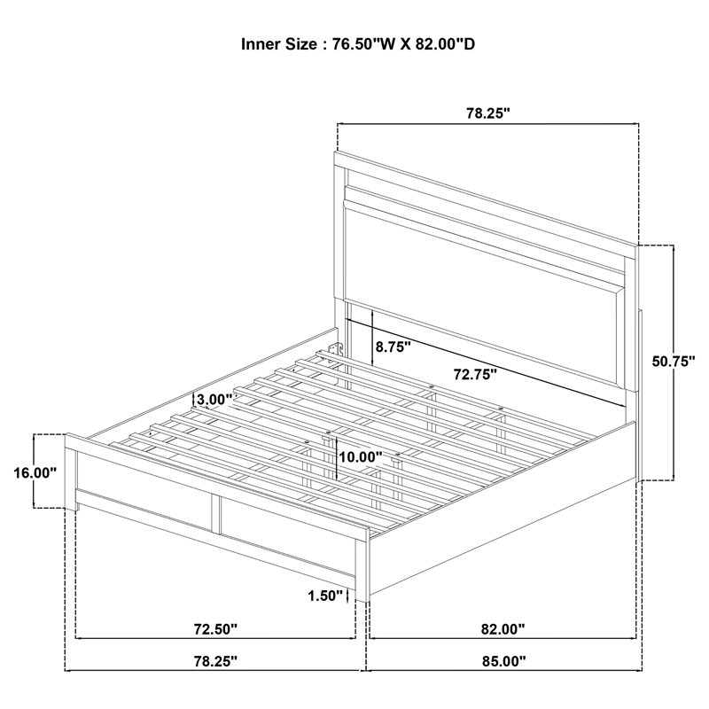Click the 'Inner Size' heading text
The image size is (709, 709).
click(279, 44)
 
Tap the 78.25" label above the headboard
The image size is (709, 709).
click(488, 113)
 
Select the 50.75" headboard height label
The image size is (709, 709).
click(674, 362)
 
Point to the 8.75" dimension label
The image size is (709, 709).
click(393, 347)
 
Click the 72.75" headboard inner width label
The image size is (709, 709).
click(475, 374)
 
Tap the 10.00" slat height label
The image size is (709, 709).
click(361, 456)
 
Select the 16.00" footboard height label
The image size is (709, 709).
click(35, 473)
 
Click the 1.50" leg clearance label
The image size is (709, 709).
click(325, 596)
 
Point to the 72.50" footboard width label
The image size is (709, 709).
click(215, 629)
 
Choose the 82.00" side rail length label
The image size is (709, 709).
click(503, 629)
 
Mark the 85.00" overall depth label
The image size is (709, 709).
click(504, 661)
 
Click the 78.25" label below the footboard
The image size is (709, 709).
click(215, 661)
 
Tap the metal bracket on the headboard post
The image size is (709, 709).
click(335, 349)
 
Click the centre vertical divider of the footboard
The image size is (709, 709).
click(215, 514)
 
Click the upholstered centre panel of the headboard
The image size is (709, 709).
click(484, 299)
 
